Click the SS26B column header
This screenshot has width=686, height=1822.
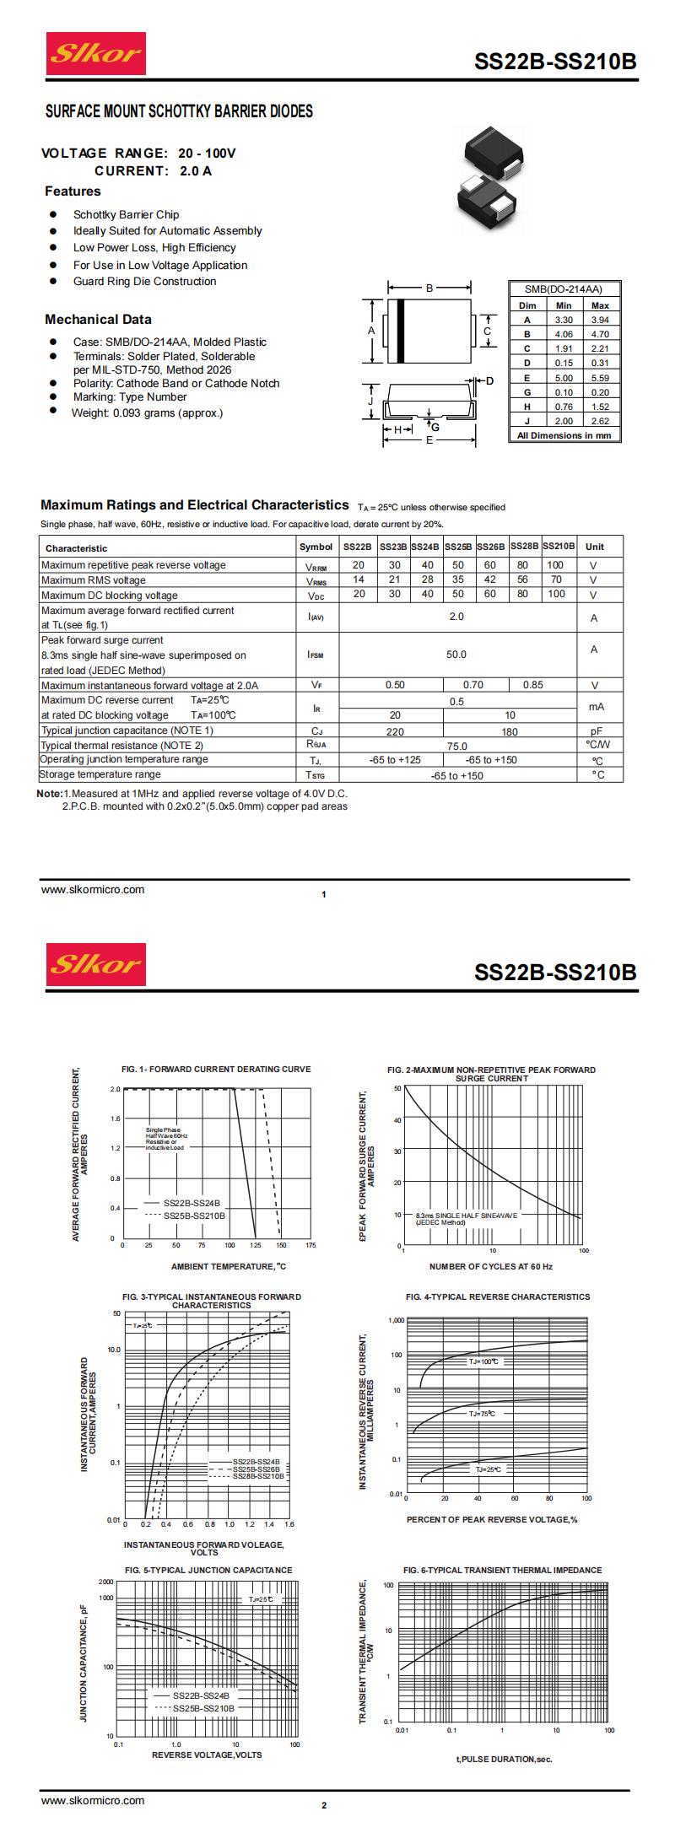(x=490, y=547)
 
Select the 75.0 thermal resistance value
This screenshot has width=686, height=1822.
(x=456, y=746)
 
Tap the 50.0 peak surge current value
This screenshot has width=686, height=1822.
(x=456, y=655)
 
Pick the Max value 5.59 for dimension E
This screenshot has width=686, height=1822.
(x=600, y=378)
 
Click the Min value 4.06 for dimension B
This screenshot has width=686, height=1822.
(x=564, y=334)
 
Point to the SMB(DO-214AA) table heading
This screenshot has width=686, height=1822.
(x=564, y=288)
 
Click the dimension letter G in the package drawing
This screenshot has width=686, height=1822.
(x=435, y=427)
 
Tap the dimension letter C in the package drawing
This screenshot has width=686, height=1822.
(x=487, y=332)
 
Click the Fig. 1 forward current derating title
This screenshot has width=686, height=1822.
(x=216, y=1069)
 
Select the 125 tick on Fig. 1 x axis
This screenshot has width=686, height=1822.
(x=255, y=1245)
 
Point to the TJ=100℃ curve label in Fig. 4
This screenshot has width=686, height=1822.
(x=483, y=1361)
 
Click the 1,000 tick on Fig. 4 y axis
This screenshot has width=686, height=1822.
(x=396, y=1320)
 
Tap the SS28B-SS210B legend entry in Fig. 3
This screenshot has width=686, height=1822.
(x=258, y=1476)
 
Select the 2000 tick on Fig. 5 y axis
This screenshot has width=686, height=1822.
(x=106, y=1582)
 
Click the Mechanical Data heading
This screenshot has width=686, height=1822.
(x=99, y=320)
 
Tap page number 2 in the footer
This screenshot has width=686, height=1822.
(x=324, y=1805)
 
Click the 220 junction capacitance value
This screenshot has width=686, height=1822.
(x=394, y=731)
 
